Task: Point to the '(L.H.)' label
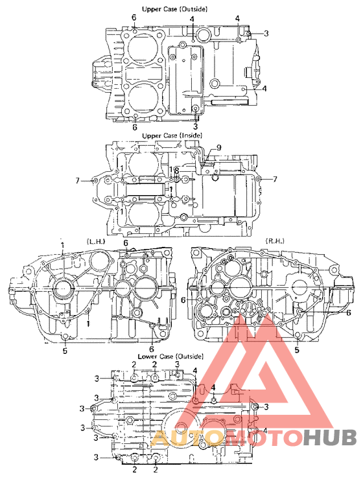(95, 241)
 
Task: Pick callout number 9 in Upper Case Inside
(218, 148)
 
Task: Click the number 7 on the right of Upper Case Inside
(275, 179)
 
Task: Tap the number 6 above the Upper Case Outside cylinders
(134, 17)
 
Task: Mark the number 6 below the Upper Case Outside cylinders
(134, 128)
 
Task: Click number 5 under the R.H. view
(298, 349)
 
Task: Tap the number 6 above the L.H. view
(126, 242)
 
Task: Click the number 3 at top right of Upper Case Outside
(265, 32)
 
